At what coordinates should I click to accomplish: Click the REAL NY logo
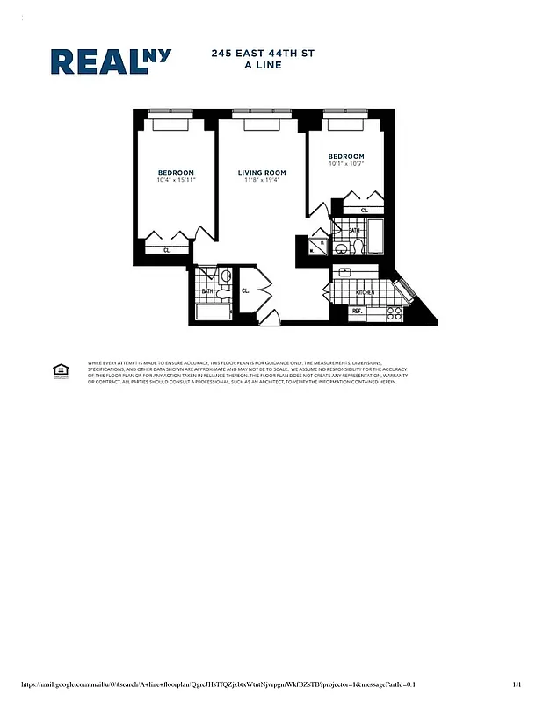click(111, 61)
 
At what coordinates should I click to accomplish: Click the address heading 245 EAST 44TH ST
click(263, 54)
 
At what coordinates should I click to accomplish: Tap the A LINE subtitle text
click(263, 65)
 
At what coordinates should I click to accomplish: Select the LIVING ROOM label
click(262, 172)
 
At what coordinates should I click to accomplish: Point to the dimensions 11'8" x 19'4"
click(262, 180)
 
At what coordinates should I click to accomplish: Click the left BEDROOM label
click(176, 172)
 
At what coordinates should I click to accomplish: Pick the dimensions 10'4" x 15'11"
click(176, 180)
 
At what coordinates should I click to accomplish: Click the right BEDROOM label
click(346, 156)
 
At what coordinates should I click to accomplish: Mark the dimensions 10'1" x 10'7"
click(346, 164)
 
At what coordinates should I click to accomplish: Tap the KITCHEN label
click(365, 291)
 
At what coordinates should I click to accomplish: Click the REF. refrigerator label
click(358, 311)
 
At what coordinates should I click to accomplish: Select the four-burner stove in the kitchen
click(395, 311)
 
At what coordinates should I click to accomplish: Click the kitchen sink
click(345, 273)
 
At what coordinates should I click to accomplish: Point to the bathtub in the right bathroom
click(375, 236)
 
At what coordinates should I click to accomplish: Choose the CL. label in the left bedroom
click(167, 250)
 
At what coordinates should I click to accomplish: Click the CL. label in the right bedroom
click(364, 210)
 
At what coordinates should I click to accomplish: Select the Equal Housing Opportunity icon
click(61, 369)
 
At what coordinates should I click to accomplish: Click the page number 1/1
click(518, 684)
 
